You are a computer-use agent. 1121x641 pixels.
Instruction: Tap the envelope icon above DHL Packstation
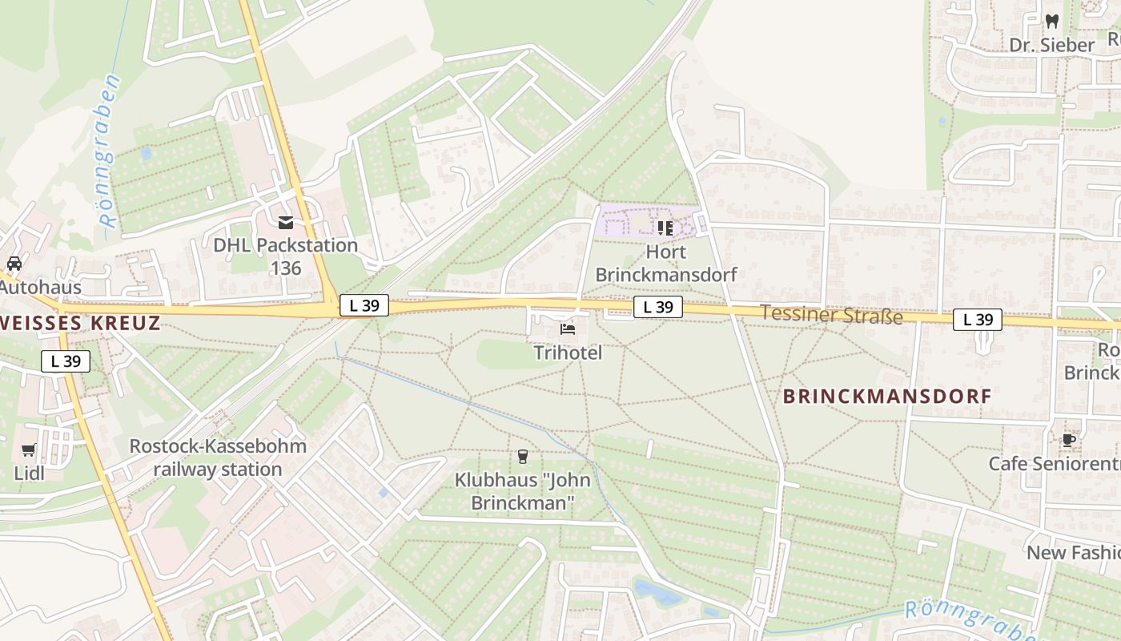click(286, 223)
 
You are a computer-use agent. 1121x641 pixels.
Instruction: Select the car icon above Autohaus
click(14, 263)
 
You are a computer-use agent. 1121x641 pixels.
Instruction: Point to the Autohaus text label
click(29, 287)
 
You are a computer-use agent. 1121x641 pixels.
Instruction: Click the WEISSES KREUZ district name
click(80, 323)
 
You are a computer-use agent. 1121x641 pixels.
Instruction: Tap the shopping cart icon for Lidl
click(29, 450)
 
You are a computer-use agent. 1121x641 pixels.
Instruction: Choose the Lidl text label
click(29, 473)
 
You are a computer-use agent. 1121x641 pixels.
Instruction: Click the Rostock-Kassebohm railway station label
click(218, 458)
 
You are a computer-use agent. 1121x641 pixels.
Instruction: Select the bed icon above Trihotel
click(567, 329)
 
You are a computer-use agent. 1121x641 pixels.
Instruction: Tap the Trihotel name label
click(568, 353)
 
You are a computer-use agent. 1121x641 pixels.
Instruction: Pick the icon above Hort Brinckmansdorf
click(665, 228)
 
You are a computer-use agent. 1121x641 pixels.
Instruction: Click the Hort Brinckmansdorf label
click(666, 264)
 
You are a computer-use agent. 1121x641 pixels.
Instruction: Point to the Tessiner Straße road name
click(831, 314)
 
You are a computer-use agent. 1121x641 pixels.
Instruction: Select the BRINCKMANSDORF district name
click(887, 396)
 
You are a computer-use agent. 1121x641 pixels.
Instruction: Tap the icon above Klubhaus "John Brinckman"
click(523, 456)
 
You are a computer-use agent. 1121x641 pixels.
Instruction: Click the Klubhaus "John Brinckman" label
click(523, 492)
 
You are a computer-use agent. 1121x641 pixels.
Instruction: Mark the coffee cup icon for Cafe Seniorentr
click(1068, 440)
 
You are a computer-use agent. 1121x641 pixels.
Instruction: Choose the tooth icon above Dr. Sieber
click(1052, 22)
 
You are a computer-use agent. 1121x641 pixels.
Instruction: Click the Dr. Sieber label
click(1051, 45)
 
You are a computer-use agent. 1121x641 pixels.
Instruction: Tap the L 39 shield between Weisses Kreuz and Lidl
click(66, 361)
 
